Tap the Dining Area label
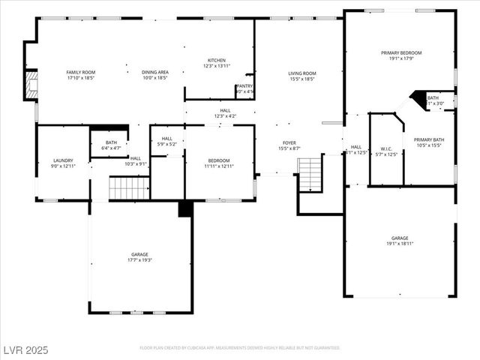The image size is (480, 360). (x=154, y=72)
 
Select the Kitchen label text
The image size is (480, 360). (x=216, y=61)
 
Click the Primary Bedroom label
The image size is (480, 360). (x=401, y=52)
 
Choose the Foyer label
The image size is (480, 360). (x=289, y=142)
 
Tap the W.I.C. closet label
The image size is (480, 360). (x=386, y=148)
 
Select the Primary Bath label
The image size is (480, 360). (x=429, y=139)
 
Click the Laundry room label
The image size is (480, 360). (x=63, y=160)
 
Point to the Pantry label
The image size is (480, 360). (x=244, y=86)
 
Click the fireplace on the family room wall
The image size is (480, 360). (x=31, y=85)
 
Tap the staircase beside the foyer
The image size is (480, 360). (x=310, y=174)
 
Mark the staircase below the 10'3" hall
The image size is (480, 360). (x=130, y=187)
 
